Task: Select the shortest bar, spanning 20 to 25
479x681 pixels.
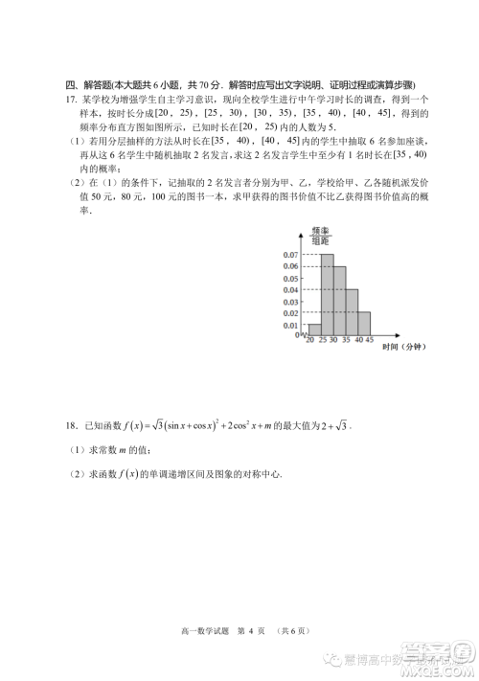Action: point(314,330)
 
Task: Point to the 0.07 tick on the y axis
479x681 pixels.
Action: point(290,255)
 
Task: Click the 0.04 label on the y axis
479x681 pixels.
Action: point(290,290)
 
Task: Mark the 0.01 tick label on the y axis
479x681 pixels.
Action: point(290,326)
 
